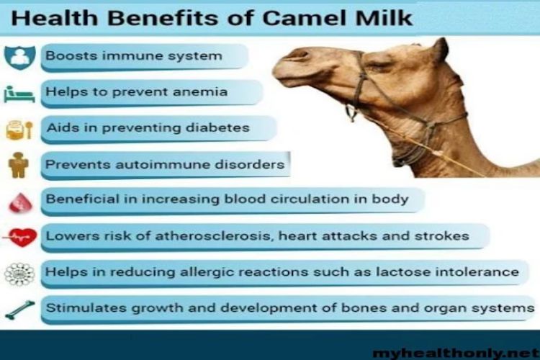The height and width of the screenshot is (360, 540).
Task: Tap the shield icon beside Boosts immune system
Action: coord(19,58)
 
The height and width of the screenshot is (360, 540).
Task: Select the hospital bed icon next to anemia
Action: coord(19,94)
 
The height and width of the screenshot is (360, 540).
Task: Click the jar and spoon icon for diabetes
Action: coord(19,130)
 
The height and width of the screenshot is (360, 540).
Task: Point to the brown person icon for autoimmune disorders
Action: coord(18,165)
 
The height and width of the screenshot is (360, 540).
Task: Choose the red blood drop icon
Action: coord(20,202)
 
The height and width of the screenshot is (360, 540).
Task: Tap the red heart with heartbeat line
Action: coord(20,238)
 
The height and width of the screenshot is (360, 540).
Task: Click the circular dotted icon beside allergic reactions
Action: coord(19,274)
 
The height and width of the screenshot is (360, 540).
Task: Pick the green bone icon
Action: coord(19,310)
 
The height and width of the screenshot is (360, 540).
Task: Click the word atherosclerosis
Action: coord(215,236)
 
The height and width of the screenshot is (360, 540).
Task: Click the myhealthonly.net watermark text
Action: coord(456,353)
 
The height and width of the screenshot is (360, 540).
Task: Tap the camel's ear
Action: coord(438,50)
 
